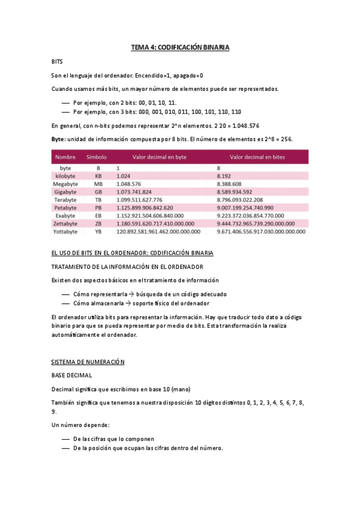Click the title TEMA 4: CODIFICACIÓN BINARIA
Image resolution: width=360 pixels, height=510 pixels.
coord(180,48)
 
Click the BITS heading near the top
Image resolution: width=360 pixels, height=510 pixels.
coord(58,62)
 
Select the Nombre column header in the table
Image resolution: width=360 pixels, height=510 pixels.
coord(66,157)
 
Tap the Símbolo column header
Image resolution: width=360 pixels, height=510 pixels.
coord(97,157)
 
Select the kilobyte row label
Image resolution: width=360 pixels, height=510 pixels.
coord(66,176)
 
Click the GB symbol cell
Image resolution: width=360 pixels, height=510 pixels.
coord(99,191)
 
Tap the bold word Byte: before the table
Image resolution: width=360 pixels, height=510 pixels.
coord(59,139)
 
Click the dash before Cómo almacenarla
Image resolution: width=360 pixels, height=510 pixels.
coord(66,304)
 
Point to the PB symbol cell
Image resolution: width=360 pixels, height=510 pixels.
coord(99,207)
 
